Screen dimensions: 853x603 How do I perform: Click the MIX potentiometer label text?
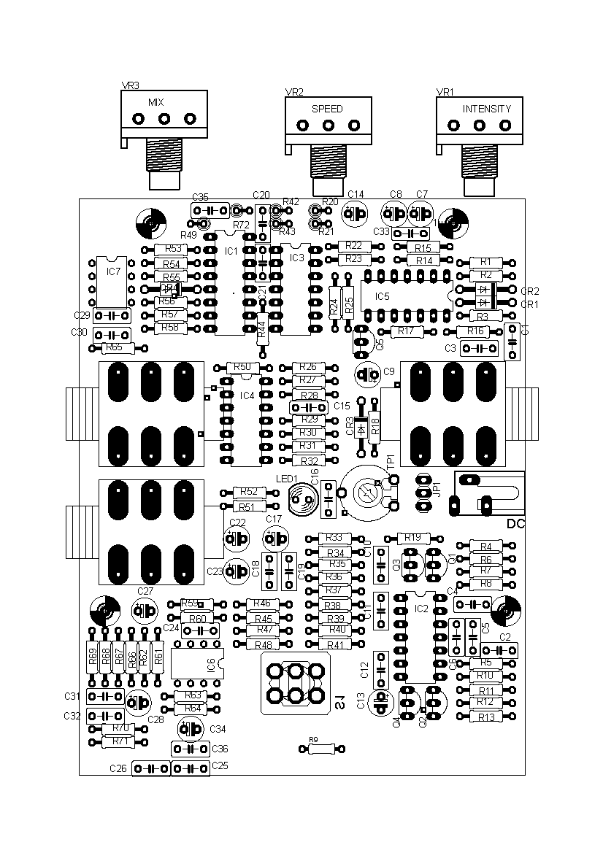pyautogui.click(x=156, y=102)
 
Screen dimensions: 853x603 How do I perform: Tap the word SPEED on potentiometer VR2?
pyautogui.click(x=327, y=109)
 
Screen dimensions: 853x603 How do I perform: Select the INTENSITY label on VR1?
pyautogui.click(x=487, y=109)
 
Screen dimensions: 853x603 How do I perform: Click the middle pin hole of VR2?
pyautogui.click(x=327, y=126)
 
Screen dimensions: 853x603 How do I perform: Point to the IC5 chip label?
pyautogui.click(x=383, y=296)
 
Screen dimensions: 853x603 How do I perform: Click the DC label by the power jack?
pyautogui.click(x=515, y=524)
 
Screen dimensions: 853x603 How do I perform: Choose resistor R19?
pyautogui.click(x=413, y=538)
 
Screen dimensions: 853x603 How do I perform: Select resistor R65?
pyautogui.click(x=115, y=348)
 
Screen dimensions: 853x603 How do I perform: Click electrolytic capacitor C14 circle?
pyautogui.click(x=356, y=214)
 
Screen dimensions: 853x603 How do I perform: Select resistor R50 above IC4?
pyautogui.click(x=244, y=367)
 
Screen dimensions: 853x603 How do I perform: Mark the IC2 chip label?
pyautogui.click(x=421, y=608)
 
